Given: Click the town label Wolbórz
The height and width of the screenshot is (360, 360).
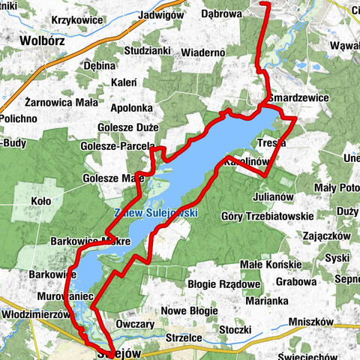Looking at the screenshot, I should (x=43, y=40).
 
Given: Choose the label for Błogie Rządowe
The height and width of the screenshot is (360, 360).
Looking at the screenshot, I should (x=223, y=284).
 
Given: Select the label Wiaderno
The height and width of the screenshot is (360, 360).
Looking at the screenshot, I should (x=203, y=52).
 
